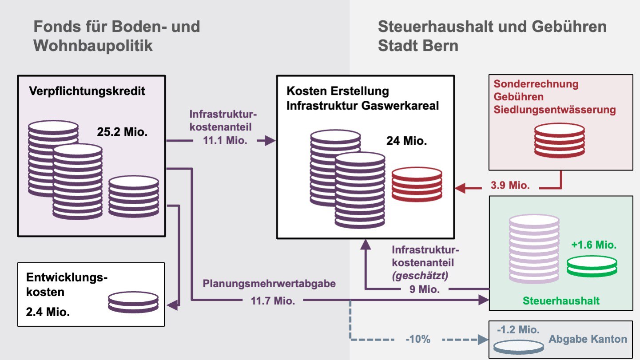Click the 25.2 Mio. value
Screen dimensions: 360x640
[122, 132]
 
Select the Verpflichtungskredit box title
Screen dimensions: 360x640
[87, 91]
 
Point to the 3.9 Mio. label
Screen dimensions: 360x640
[510, 186]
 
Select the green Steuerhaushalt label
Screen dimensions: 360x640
[561, 301]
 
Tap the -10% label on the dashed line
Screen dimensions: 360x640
[418, 340]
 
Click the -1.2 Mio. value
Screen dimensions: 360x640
[518, 330]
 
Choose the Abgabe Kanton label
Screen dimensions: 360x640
[588, 339]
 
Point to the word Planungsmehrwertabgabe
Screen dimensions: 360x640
[269, 284]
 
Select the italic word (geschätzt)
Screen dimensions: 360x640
[420, 275]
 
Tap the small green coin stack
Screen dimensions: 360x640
[592, 267]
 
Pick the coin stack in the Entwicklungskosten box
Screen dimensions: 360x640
[133, 302]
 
